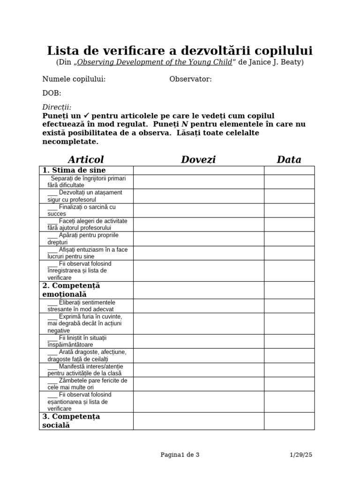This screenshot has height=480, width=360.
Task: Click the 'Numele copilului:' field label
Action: coord(74,79)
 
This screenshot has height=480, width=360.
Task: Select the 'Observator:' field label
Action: coord(190,79)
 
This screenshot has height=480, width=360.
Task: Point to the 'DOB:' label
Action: coord(52,93)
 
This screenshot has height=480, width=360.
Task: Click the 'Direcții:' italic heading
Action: coord(57,107)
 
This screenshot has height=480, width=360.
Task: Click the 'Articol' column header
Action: coord(85,159)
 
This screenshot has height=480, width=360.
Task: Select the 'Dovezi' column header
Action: coord(198,159)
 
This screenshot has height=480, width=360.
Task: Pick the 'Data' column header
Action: coord(289,159)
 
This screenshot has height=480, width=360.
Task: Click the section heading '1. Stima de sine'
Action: coord(74,170)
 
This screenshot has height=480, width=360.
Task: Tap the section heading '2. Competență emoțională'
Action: coord(71,290)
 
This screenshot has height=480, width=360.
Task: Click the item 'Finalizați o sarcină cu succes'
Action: coord(82,210)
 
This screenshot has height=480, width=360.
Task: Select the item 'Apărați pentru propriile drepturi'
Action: coord(83,239)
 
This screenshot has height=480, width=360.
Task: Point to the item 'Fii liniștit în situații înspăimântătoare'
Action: coord(80,341)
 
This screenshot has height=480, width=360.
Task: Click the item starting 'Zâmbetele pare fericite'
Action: coord(87,384)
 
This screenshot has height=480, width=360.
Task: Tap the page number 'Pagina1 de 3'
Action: coord(180,454)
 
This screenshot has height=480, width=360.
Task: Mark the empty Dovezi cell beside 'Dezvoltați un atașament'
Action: coord(198,196)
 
